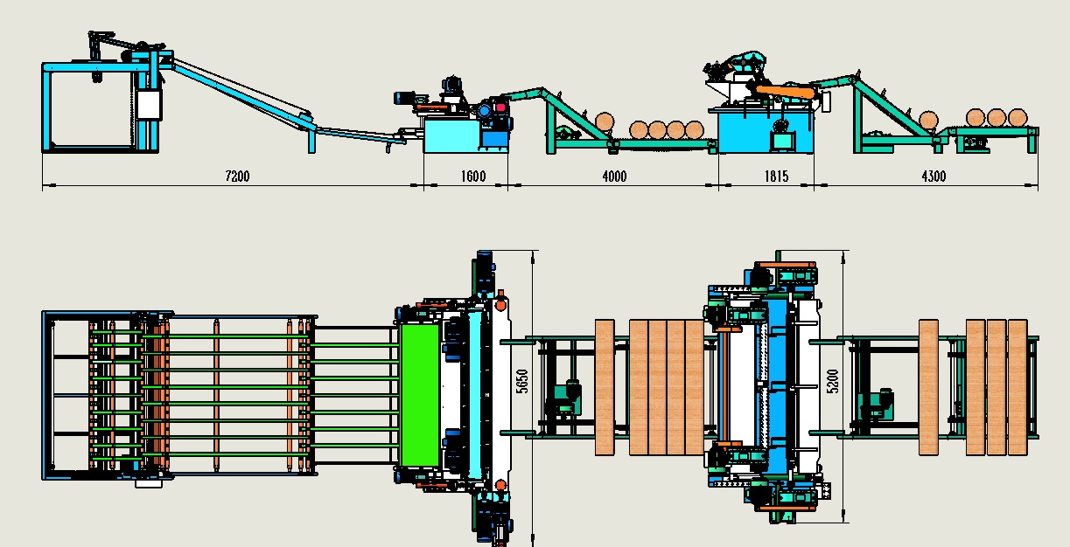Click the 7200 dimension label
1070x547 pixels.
coord(237,177)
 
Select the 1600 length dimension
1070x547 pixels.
coord(473,177)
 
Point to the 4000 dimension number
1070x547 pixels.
coord(614,177)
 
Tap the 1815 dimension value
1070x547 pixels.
coord(776,177)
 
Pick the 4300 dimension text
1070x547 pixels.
coord(934,177)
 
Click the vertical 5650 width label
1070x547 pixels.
coord(523,382)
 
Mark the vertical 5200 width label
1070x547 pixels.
coord(833,382)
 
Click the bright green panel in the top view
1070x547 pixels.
coord(420,395)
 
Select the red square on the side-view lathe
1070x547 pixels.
coord(500,107)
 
